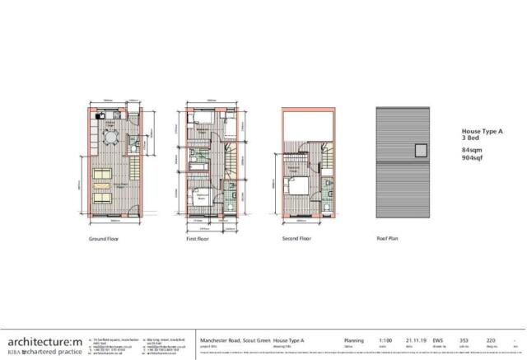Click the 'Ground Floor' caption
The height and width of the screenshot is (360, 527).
105,241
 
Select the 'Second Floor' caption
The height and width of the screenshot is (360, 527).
297,241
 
